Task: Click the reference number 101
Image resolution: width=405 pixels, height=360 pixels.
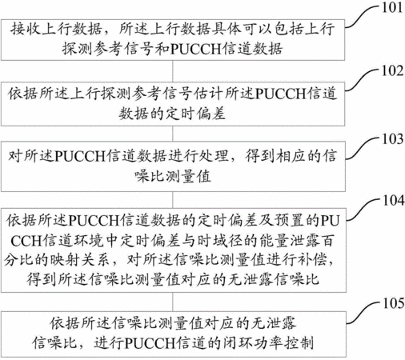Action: [x=392, y=7]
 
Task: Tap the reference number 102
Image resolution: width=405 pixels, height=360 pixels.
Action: [x=392, y=71]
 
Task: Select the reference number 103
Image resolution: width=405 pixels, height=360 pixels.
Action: [x=393, y=138]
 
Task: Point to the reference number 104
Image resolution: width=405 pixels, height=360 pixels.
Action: [x=394, y=201]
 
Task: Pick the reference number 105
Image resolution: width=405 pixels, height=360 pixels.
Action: [x=394, y=303]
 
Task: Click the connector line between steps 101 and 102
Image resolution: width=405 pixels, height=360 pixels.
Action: [x=173, y=71]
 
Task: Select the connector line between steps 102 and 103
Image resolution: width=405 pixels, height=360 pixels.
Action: [x=173, y=134]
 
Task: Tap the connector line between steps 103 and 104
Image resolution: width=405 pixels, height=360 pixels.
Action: [x=173, y=200]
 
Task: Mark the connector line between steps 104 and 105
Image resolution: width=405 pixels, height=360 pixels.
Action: [x=173, y=302]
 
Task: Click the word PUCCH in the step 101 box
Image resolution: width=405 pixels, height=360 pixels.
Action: [x=195, y=49]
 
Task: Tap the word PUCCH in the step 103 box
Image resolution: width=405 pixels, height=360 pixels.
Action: [x=80, y=156]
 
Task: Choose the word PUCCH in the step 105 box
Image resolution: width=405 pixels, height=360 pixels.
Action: [x=150, y=343]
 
